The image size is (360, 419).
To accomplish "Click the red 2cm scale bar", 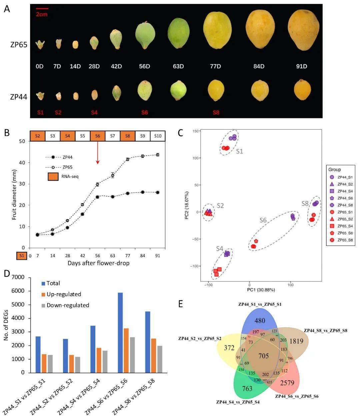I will [42, 9].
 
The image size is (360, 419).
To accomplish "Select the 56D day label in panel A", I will [144, 67].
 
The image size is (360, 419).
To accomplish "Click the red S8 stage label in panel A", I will [216, 113].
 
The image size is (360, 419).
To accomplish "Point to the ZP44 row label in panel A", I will [19, 97].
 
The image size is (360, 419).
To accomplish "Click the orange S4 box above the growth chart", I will [68, 136].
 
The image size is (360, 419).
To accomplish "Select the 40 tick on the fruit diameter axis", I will [23, 163].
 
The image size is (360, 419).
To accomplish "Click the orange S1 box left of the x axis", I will [22, 255].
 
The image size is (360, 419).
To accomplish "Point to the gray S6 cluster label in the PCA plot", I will [263, 220].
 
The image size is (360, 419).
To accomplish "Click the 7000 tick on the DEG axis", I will [18, 277].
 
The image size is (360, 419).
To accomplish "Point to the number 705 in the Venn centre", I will [263, 356].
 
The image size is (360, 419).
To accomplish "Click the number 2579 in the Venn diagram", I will [287, 383].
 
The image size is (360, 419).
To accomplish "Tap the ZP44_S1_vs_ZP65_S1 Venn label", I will [260, 304].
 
